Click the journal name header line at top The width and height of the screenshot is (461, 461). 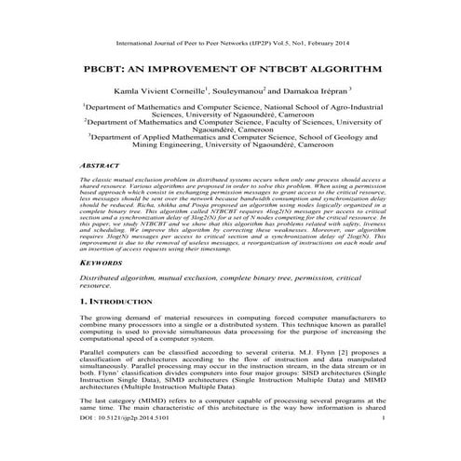pyautogui.click(x=230, y=44)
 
